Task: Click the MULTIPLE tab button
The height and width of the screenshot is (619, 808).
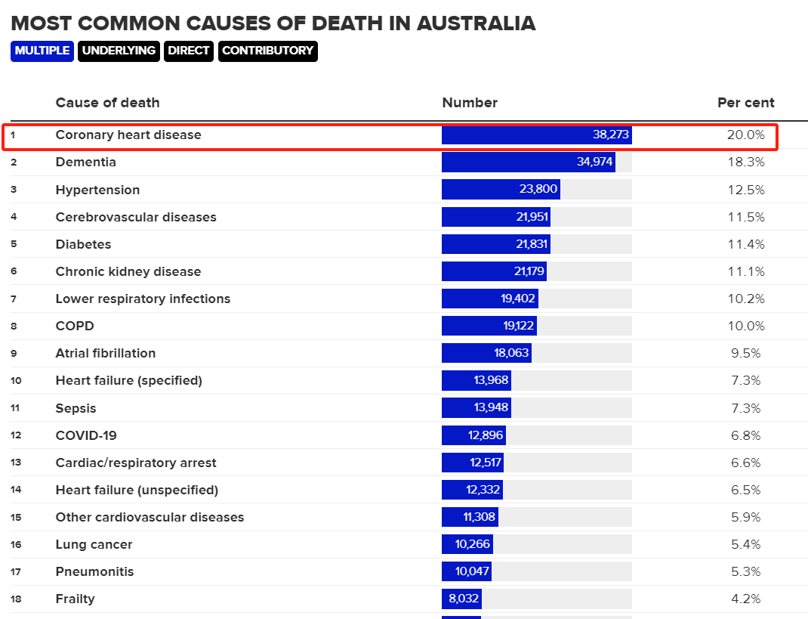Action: point(42,51)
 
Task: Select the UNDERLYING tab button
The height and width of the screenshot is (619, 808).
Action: point(119,51)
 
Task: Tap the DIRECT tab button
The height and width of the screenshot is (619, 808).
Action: point(189,51)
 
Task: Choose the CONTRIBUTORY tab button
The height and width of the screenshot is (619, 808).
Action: point(267,51)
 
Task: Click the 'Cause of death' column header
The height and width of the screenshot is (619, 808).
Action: point(107,103)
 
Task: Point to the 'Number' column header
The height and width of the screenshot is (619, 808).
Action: point(470,103)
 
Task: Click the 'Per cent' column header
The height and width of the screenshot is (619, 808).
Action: point(745,103)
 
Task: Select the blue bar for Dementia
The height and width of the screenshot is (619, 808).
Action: point(528,162)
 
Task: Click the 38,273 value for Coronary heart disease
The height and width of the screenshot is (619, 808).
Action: point(611,135)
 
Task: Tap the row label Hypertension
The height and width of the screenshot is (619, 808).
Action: point(97,190)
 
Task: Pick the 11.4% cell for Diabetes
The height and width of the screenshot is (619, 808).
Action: point(746,244)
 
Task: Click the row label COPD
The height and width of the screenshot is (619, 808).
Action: point(75,326)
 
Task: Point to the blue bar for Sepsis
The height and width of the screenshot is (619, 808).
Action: point(476,408)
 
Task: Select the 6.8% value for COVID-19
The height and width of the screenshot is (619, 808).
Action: point(746,435)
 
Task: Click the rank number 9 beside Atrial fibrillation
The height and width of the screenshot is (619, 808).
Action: point(14,353)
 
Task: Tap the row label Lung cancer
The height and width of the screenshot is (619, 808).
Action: point(94,544)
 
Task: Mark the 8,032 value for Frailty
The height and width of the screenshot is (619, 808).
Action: point(462,599)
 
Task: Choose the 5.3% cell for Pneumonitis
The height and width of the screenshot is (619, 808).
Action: point(746,571)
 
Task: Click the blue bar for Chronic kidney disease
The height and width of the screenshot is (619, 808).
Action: point(494,271)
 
